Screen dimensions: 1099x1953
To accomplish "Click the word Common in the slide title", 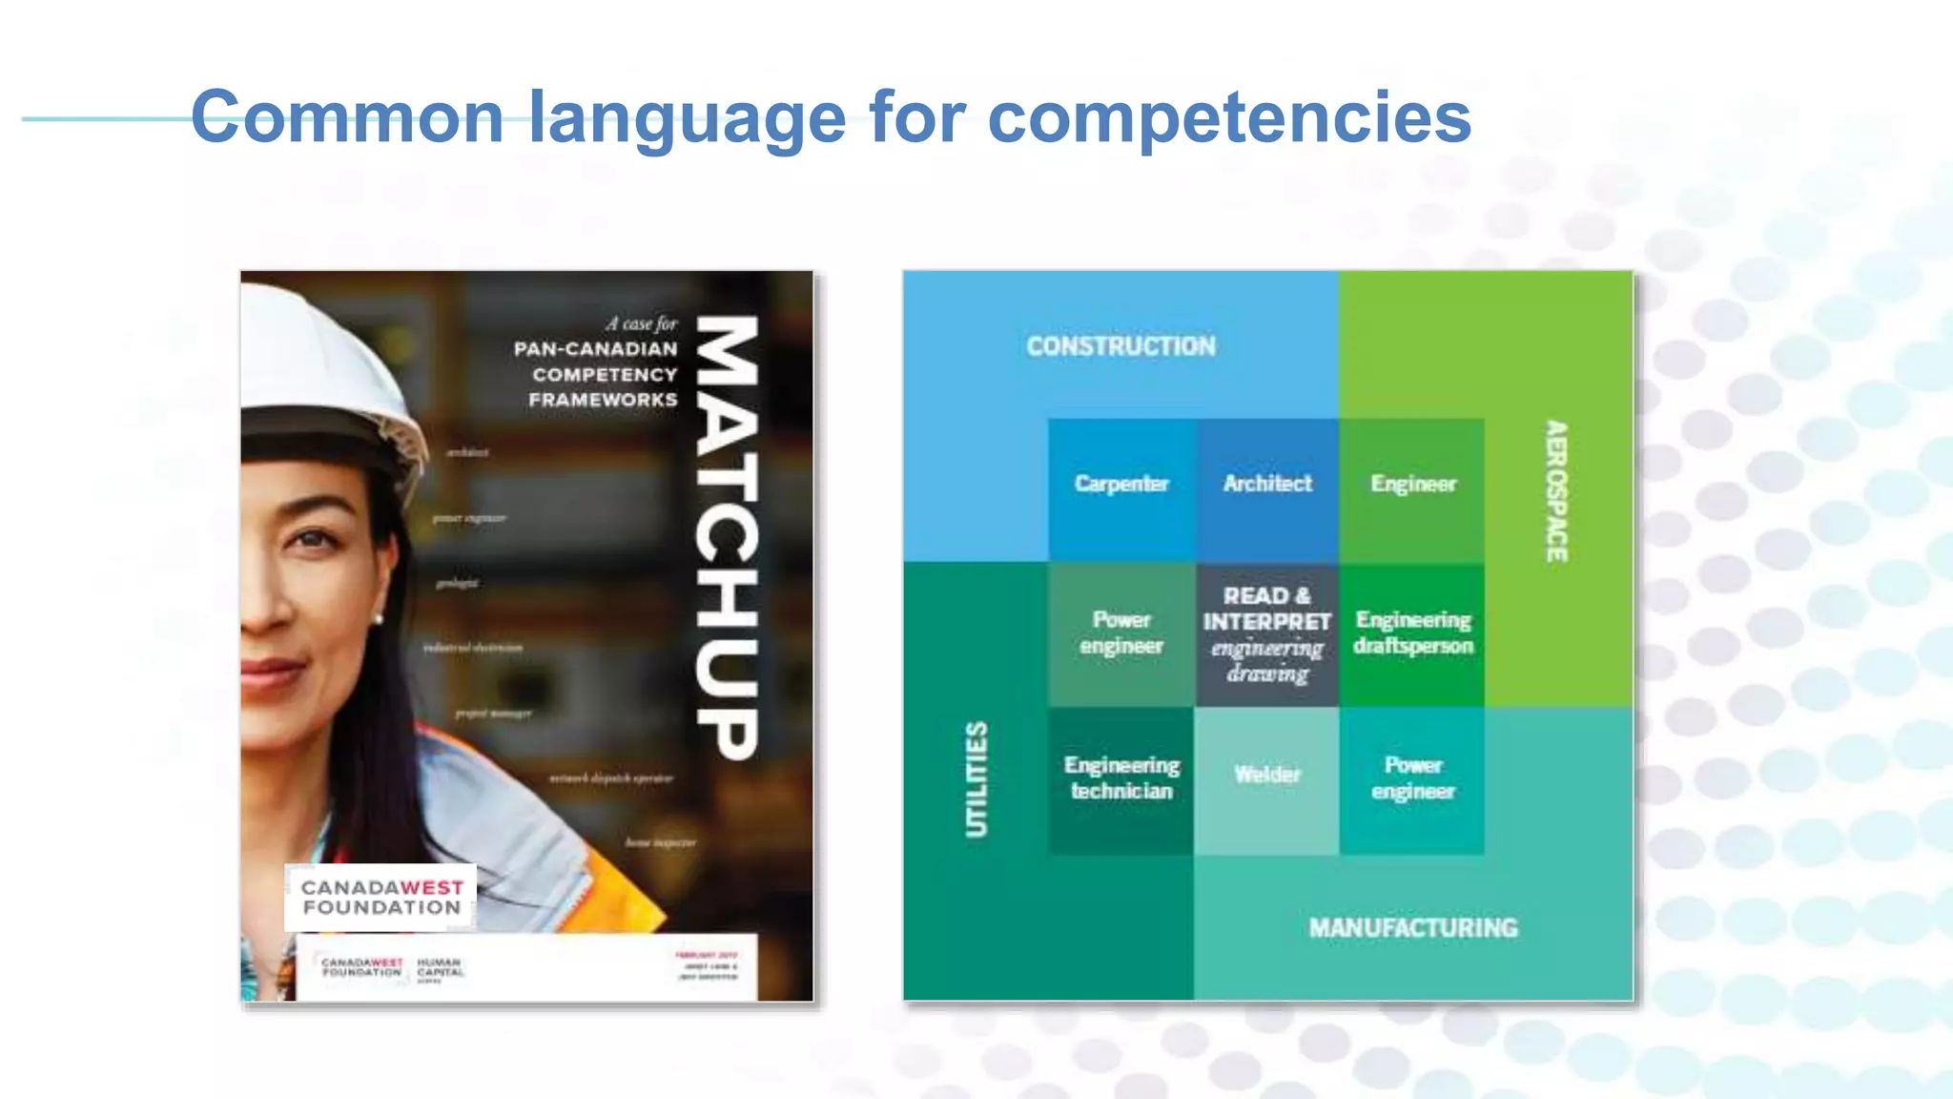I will point(347,117).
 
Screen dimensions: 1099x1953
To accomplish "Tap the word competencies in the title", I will point(1229,117).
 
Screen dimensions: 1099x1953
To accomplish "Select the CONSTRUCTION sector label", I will point(1120,346).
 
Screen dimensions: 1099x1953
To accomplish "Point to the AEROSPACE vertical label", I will point(1556,491).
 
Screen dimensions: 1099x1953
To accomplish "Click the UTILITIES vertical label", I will point(976,779).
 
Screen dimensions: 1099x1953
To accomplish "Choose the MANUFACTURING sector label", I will point(1412,928).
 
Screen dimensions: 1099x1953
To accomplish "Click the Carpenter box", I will point(1121,485).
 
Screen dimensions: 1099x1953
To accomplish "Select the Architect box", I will point(1267,485).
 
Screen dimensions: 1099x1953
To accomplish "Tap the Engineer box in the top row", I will point(1413,485).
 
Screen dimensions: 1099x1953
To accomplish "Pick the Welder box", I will point(1266,775).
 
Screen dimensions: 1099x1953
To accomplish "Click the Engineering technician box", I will point(1121,778).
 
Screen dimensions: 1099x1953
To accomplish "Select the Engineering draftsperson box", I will point(1413,633).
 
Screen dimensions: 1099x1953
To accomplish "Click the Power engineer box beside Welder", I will point(1412,778).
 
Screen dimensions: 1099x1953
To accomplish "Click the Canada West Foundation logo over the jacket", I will point(380,898).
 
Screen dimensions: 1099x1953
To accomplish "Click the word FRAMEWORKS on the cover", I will point(603,400).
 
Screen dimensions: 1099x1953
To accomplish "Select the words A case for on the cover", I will point(641,323).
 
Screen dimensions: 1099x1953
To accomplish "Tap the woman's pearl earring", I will point(379,619).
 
